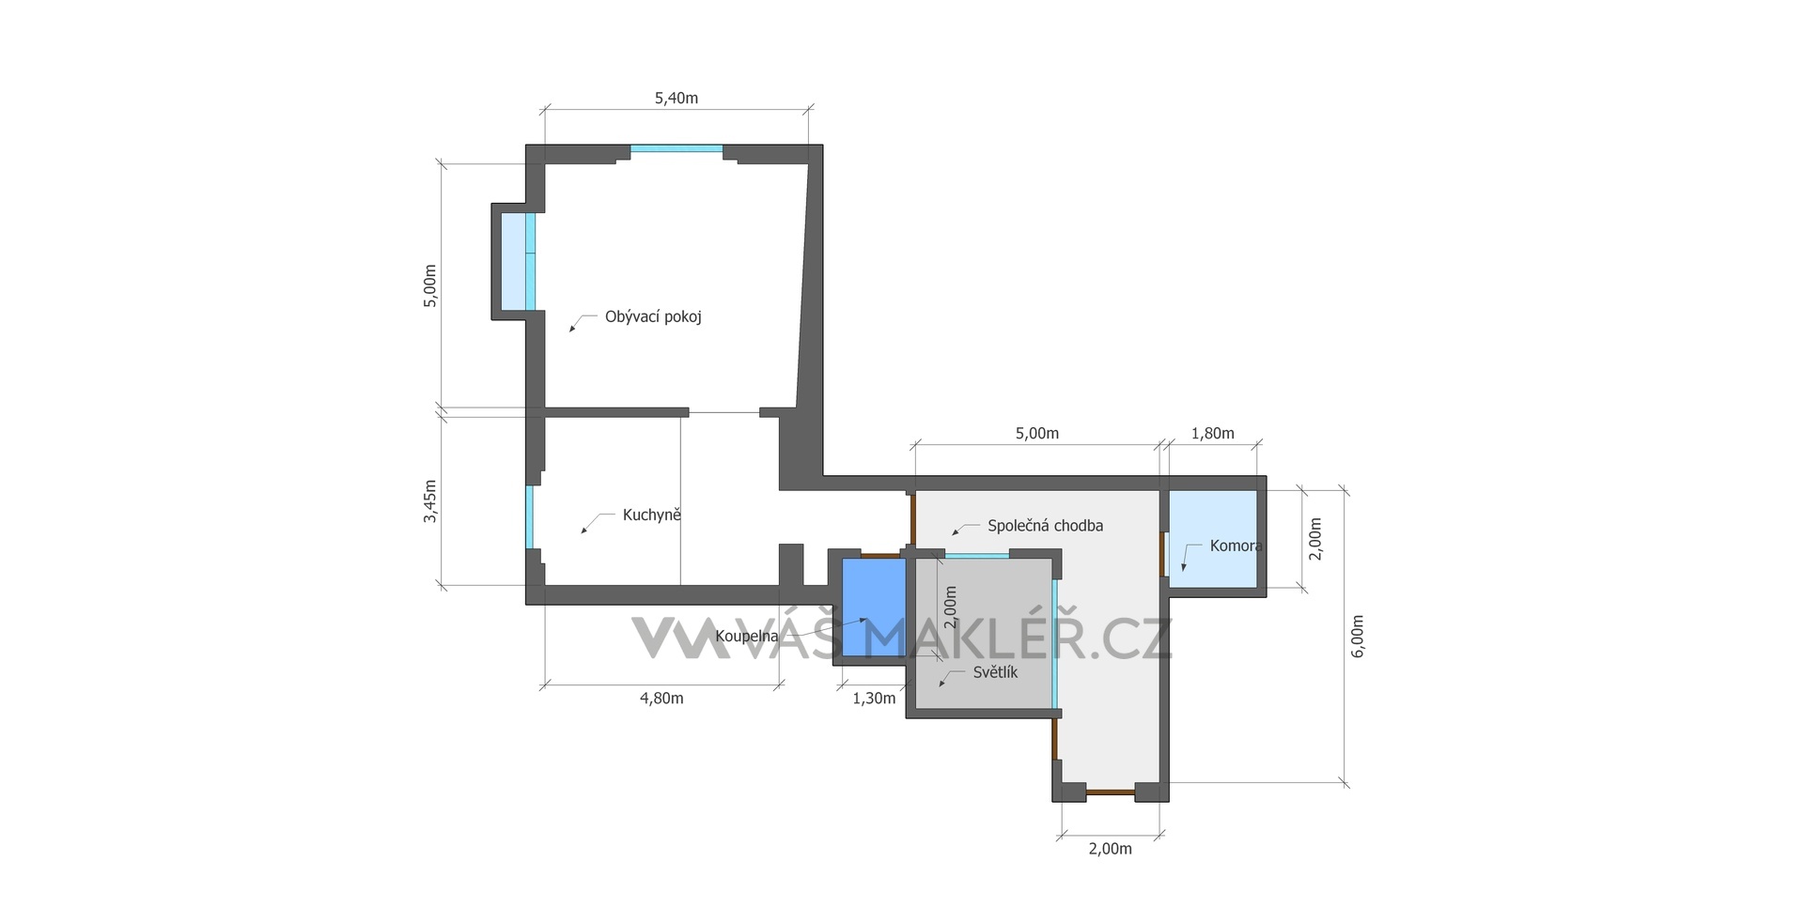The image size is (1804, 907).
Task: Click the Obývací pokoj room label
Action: tap(653, 317)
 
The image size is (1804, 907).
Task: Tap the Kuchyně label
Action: tap(651, 515)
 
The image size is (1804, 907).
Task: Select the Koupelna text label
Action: tap(747, 637)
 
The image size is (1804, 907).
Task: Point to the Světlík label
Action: tap(995, 672)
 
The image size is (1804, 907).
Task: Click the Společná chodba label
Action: tap(1045, 526)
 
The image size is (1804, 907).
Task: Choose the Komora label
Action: tap(1236, 546)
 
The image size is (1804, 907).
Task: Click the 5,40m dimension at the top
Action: tap(676, 98)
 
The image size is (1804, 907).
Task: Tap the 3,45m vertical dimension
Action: tap(429, 501)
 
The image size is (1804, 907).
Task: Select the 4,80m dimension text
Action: tap(661, 699)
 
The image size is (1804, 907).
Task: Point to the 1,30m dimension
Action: tap(873, 699)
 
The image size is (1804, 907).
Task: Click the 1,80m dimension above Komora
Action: tap(1212, 434)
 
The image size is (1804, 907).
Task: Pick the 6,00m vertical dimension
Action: tap(1358, 637)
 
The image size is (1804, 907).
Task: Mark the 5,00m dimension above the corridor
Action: tap(1036, 434)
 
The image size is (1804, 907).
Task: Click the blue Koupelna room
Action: tap(874, 607)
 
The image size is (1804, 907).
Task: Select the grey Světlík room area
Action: tap(983, 633)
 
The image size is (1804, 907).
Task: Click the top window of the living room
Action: tap(676, 148)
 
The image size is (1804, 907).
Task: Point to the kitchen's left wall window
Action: tap(530, 516)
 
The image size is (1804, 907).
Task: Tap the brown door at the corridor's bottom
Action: tap(1111, 792)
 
